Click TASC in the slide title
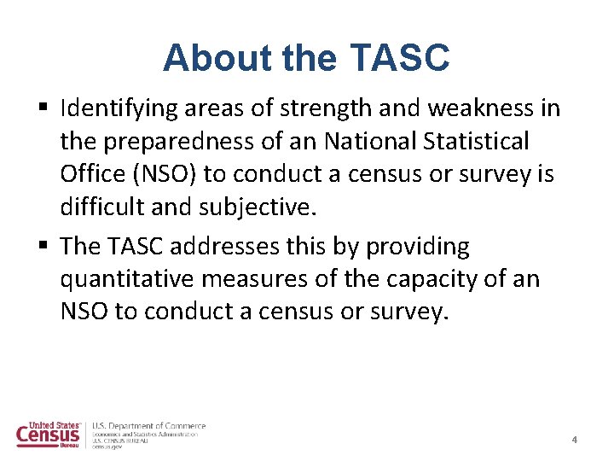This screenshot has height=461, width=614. (399, 58)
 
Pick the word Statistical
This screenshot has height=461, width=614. (475, 141)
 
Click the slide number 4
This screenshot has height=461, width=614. (574, 440)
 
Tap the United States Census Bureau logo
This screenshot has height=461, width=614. (49, 435)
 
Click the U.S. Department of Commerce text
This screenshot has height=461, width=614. (149, 426)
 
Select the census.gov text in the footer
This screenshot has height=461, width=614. (107, 446)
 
